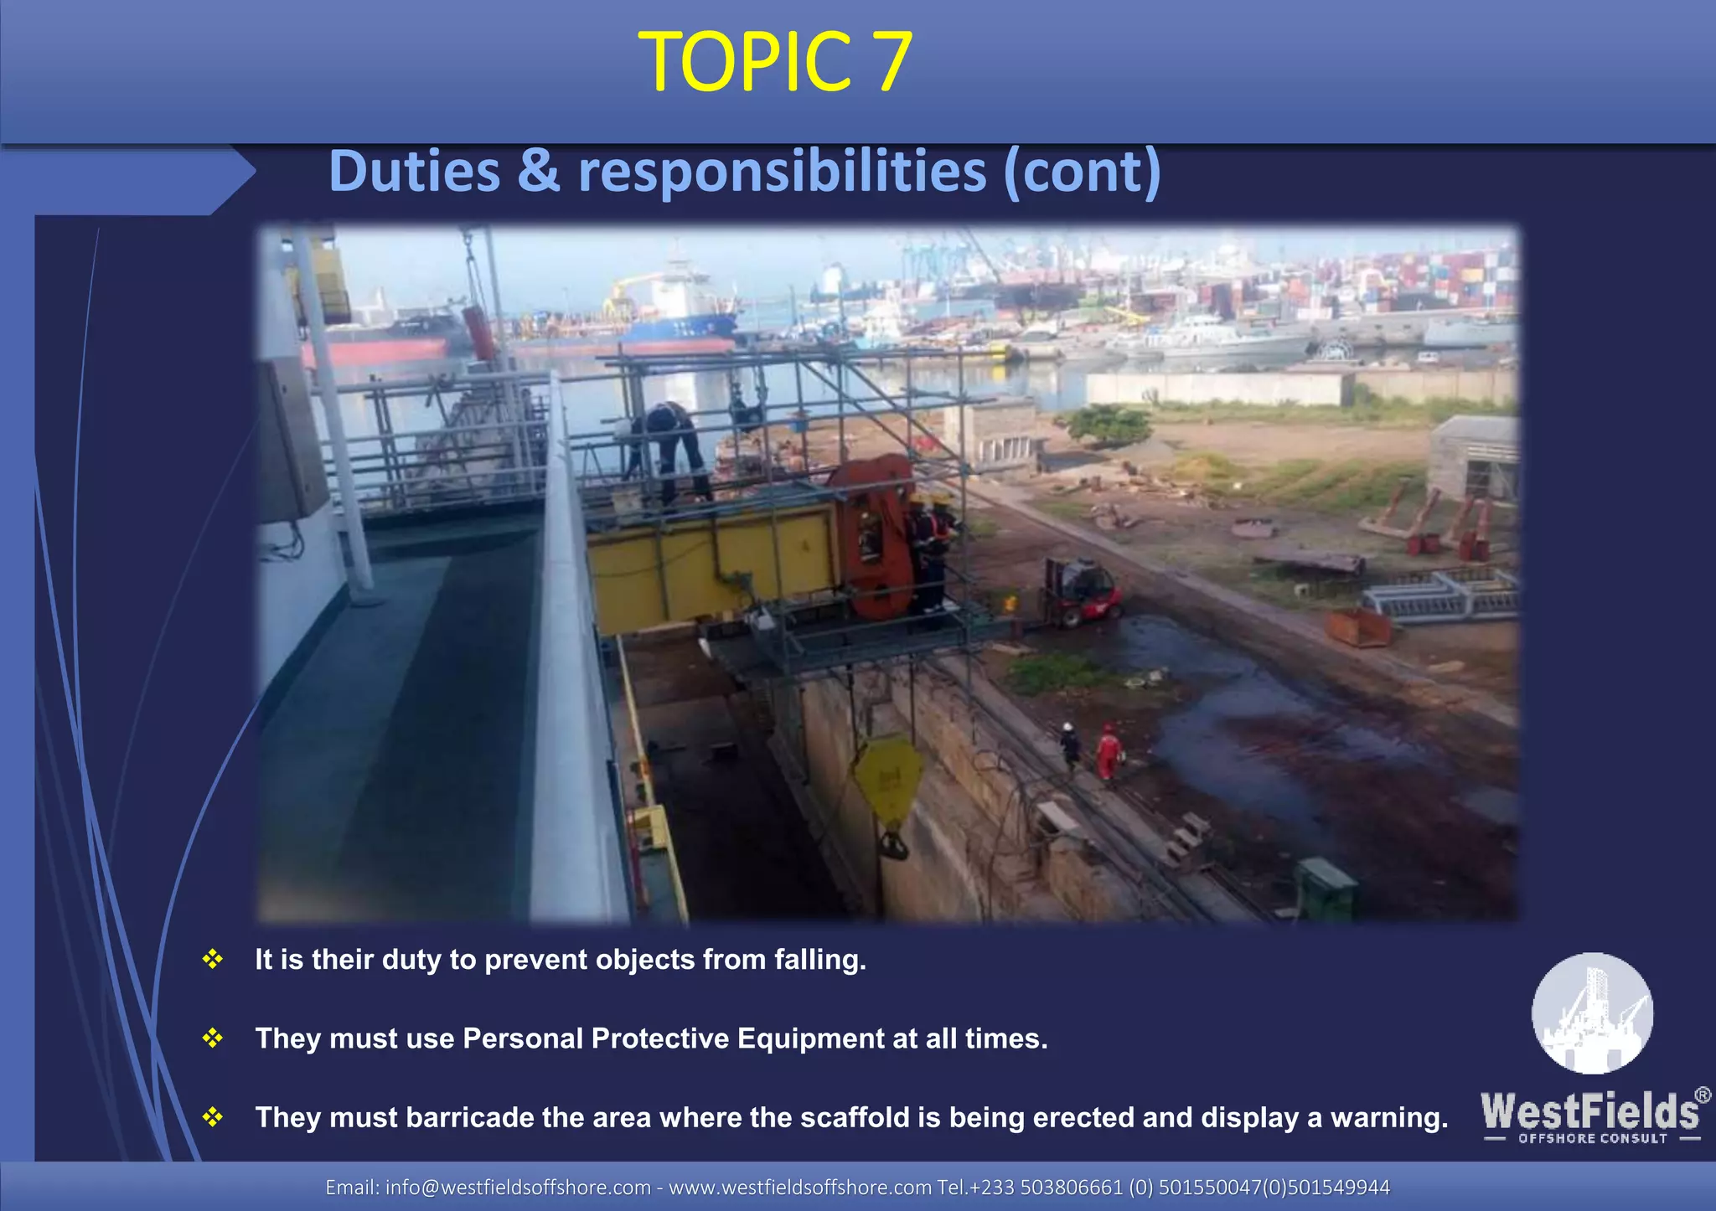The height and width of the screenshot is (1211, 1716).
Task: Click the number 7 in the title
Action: (x=884, y=61)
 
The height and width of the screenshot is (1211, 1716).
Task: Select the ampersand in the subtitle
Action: (x=539, y=172)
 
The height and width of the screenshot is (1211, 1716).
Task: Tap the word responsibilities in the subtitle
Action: (x=783, y=172)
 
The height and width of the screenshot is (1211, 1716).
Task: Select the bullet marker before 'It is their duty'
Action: (x=213, y=959)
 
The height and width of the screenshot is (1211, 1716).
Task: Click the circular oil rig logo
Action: (x=1592, y=1013)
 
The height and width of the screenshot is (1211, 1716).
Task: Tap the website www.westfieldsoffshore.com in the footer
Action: (x=799, y=1188)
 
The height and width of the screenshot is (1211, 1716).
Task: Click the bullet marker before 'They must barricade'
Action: (x=213, y=1117)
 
